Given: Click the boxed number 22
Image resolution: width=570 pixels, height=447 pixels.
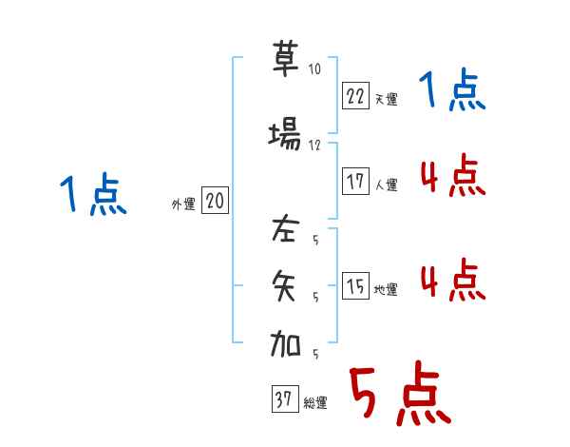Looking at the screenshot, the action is click(354, 96).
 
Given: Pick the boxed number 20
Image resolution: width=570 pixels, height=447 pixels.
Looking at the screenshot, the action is click(216, 202).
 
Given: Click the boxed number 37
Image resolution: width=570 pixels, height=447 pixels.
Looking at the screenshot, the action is click(283, 400).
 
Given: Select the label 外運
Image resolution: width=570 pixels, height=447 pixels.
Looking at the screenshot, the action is click(182, 204).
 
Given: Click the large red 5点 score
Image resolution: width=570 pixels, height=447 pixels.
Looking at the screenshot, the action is click(399, 395).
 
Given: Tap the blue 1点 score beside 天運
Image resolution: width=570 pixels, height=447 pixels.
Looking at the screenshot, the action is click(452, 92).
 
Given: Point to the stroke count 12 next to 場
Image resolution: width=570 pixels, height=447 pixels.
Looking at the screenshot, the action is click(314, 146).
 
